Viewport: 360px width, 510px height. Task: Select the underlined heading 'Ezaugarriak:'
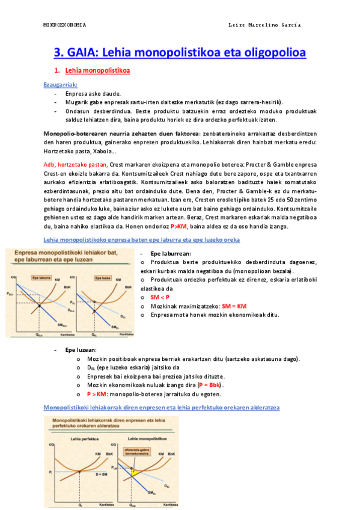pyautogui.click(x=61, y=84)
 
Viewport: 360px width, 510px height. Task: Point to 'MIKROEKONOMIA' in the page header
pyautogui.click(x=65, y=25)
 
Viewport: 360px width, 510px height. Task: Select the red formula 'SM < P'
pyautogui.click(x=160, y=297)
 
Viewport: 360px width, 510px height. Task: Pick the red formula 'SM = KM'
pyautogui.click(x=234, y=306)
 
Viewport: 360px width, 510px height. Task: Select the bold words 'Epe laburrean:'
pyautogui.click(x=171, y=254)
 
